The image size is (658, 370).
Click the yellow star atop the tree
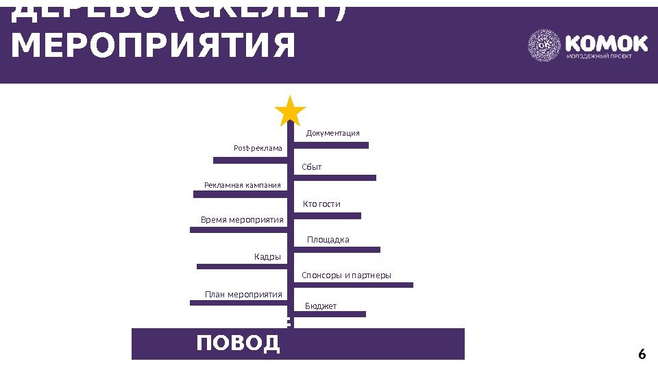(290, 111)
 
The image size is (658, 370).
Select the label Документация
(332, 133)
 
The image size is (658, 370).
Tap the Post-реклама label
(258, 148)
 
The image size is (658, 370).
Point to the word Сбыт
(312, 167)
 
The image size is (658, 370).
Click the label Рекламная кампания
(243, 185)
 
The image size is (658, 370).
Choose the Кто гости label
(321, 204)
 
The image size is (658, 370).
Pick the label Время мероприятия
(242, 220)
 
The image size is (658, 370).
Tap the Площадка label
(328, 240)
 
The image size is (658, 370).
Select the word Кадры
(267, 257)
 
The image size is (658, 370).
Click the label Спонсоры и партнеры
(346, 275)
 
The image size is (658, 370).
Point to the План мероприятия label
(243, 295)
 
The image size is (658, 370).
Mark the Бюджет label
(321, 306)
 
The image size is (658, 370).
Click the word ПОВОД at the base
(239, 343)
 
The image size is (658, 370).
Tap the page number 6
(642, 354)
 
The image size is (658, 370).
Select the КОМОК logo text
(606, 44)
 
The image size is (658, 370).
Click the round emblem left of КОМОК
(544, 46)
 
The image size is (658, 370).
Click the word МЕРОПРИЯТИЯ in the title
(154, 46)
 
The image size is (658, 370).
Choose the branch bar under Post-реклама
(250, 160)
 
